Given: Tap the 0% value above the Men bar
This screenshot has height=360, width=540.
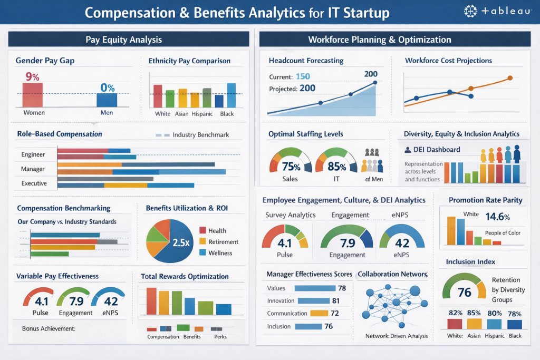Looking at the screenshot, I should click(x=108, y=87).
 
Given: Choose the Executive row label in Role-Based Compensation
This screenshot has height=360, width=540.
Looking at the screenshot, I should click(x=34, y=183).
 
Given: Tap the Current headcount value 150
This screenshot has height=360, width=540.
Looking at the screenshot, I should click(x=303, y=77).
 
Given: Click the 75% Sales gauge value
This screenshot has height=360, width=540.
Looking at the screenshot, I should click(x=291, y=167).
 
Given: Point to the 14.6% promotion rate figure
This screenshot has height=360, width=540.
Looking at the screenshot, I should click(x=498, y=217).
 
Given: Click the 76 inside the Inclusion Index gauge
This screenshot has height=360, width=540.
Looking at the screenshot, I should click(x=464, y=293).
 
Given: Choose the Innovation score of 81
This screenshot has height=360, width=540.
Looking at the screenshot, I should click(x=335, y=301).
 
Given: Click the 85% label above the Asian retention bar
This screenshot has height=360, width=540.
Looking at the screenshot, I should click(x=474, y=313).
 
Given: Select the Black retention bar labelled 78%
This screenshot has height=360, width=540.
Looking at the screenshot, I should click(x=515, y=324).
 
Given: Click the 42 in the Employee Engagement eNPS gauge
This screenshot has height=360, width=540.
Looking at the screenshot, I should click(x=402, y=243).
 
